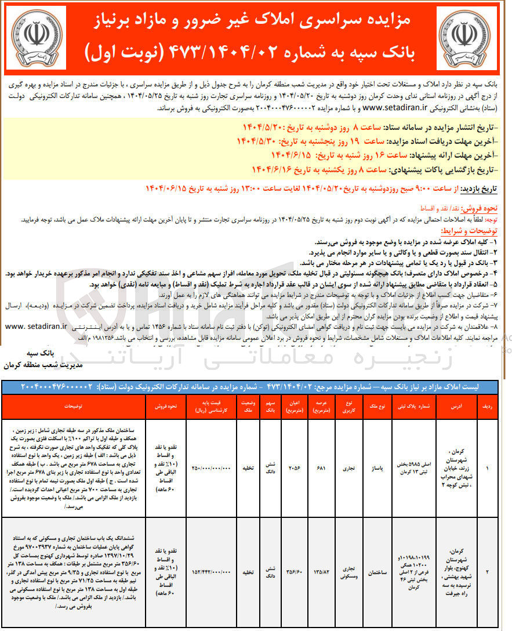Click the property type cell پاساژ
pyautogui.click(x=379, y=468)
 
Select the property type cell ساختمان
pyautogui.click(x=379, y=572)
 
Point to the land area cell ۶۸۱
pyautogui.click(x=321, y=468)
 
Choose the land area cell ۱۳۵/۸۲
pyautogui.click(x=321, y=572)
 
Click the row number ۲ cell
pyautogui.click(x=487, y=572)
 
